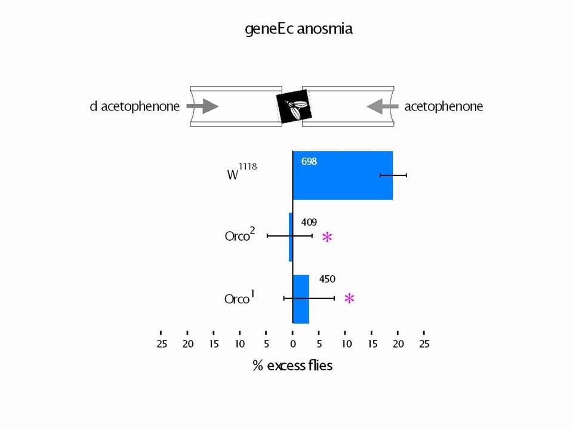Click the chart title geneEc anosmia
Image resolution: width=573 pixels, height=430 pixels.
pyautogui.click(x=298, y=29)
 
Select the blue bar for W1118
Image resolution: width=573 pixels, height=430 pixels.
pyautogui.click(x=343, y=176)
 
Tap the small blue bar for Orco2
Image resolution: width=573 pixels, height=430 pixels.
pyautogui.click(x=291, y=237)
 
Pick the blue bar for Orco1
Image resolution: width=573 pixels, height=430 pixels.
pyautogui.click(x=301, y=299)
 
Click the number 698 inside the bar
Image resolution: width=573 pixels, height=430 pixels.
pyautogui.click(x=309, y=161)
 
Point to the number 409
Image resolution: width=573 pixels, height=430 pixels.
pyautogui.click(x=309, y=222)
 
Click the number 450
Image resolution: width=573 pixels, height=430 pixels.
pyautogui.click(x=327, y=279)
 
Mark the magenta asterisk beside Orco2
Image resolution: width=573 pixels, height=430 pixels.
pyautogui.click(x=328, y=237)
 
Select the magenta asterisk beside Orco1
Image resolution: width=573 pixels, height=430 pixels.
pyautogui.click(x=349, y=299)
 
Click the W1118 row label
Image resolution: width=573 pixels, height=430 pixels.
pyautogui.click(x=242, y=172)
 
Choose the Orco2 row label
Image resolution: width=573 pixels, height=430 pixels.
pyautogui.click(x=240, y=235)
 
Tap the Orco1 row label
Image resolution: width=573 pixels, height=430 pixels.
pyautogui.click(x=239, y=297)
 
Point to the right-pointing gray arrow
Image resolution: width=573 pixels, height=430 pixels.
pyautogui.click(x=202, y=106)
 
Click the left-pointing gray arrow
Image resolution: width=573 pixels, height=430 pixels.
pyautogui.click(x=383, y=106)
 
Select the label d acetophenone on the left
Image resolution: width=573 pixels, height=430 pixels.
pyautogui.click(x=135, y=106)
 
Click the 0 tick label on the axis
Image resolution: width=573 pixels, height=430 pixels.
pyautogui.click(x=292, y=344)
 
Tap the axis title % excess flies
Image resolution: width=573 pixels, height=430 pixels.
pyautogui.click(x=292, y=365)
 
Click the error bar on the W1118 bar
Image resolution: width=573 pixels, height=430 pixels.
pyautogui.click(x=393, y=176)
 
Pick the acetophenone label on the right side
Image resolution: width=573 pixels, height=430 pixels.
pyautogui.click(x=443, y=106)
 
